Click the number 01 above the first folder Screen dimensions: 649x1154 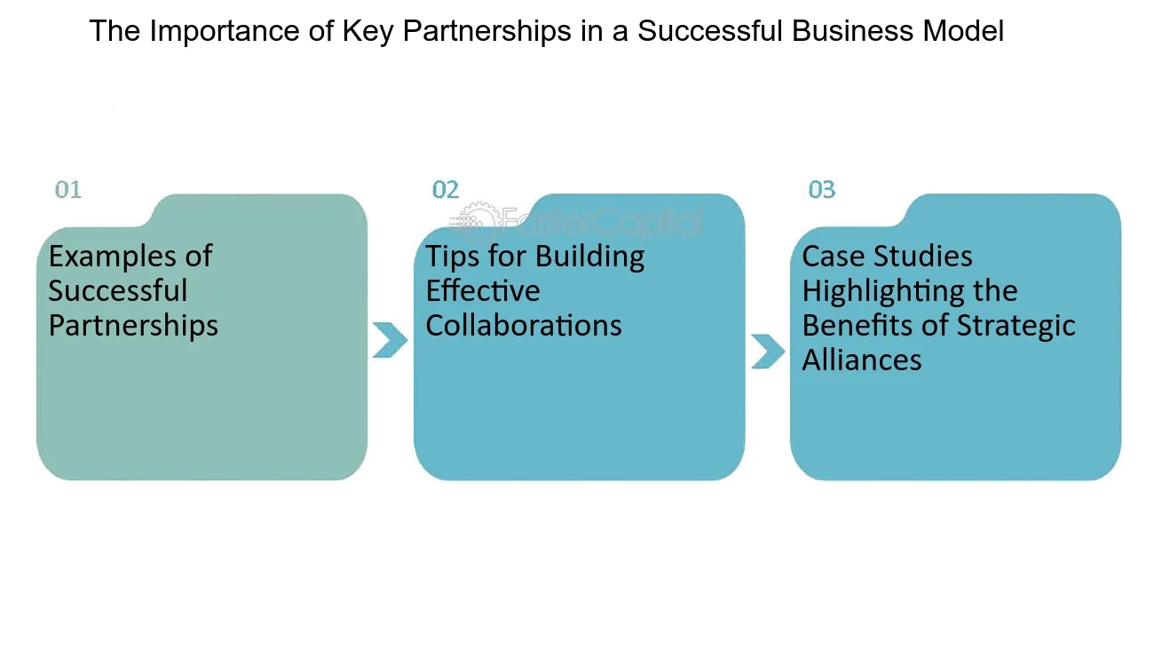coord(67,189)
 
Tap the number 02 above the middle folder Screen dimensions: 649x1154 coord(445,189)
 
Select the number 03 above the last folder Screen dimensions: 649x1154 coord(821,189)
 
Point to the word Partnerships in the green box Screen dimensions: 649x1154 coord(133,325)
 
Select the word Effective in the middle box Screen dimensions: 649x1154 coord(482,291)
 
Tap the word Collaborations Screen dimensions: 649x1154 coord(523,325)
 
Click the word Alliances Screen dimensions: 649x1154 coord(861,360)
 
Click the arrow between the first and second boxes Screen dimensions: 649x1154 coord(389,340)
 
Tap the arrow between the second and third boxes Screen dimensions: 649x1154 coord(767,351)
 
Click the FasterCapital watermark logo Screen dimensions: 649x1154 coord(581,220)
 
